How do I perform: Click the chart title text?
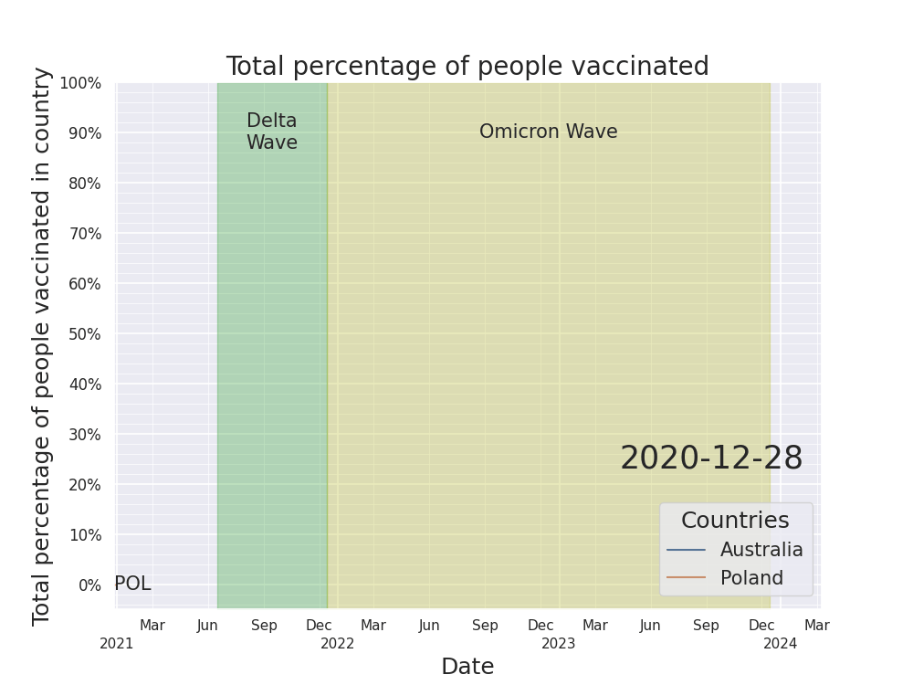click(x=467, y=67)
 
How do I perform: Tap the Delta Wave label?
click(x=272, y=132)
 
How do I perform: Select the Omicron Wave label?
click(x=548, y=132)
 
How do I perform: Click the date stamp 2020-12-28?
click(x=711, y=458)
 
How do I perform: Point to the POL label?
click(x=132, y=584)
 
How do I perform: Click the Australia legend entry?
click(x=761, y=550)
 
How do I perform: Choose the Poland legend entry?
click(x=751, y=578)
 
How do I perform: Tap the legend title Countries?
click(x=735, y=521)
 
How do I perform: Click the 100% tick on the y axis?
click(x=80, y=83)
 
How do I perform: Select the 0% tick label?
click(x=89, y=585)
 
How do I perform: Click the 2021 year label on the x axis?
click(x=117, y=644)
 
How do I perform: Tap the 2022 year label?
click(x=338, y=644)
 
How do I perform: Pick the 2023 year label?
click(x=559, y=644)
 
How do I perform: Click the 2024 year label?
click(x=781, y=644)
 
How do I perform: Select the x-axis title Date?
click(x=467, y=667)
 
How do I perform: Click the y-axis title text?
click(x=42, y=345)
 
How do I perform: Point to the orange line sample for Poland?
click(x=687, y=577)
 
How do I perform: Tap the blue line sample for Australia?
click(x=687, y=550)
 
